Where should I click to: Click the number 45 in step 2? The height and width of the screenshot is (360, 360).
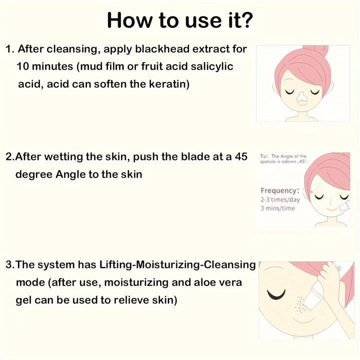pos(241,156)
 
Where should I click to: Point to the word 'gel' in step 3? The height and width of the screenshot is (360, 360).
pos(25,300)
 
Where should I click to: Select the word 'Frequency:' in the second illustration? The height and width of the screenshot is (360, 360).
pos(280,190)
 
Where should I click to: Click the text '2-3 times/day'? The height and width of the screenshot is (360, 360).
pos(280,199)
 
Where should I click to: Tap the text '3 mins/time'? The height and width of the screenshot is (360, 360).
pos(277,208)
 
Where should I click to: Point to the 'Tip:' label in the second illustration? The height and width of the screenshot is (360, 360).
pos(265,156)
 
